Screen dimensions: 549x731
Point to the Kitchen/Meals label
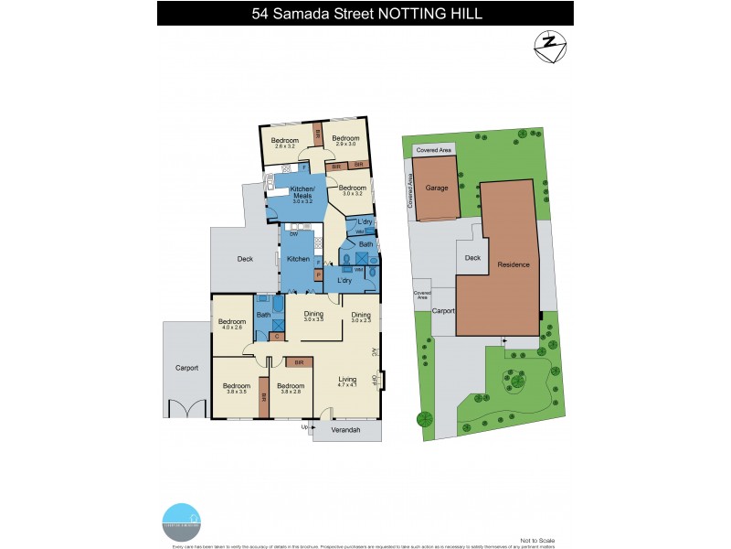302,196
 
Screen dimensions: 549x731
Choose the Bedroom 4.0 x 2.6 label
231,324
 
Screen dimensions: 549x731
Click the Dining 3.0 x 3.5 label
313,317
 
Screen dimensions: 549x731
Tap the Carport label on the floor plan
186,369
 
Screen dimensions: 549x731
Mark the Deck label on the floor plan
244,260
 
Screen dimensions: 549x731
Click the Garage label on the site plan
437,187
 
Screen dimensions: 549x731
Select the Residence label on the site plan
513,264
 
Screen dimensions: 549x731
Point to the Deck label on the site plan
472,258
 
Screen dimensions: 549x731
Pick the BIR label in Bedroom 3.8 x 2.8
299,363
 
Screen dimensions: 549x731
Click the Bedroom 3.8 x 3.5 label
236,388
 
